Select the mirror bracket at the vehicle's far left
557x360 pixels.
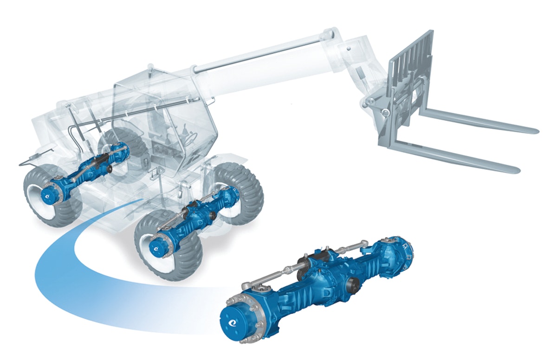[28, 160]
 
